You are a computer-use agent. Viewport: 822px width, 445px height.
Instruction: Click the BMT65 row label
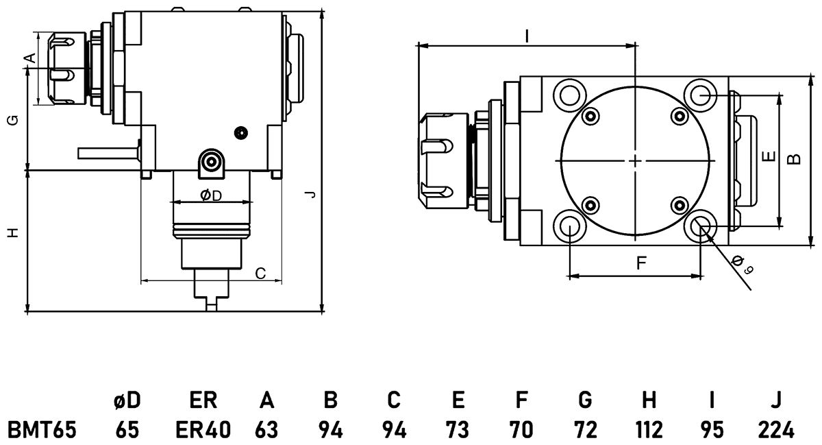(x=41, y=430)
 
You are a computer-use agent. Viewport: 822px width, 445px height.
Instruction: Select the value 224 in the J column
(x=776, y=430)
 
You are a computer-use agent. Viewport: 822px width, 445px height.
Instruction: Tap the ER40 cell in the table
(x=203, y=430)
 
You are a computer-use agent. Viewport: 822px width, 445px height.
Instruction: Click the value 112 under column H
(x=649, y=430)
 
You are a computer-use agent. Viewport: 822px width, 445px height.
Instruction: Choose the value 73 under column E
(x=458, y=430)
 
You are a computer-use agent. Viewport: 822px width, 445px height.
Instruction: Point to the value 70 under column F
(x=521, y=430)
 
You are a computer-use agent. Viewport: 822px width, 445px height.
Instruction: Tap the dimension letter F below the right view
(x=641, y=263)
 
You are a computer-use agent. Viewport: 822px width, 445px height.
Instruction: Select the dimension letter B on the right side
(x=794, y=159)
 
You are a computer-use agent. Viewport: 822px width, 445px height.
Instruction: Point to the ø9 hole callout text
(x=742, y=264)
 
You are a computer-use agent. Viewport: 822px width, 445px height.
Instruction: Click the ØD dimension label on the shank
(x=211, y=195)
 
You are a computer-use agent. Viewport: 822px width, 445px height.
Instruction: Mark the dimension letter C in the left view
(x=260, y=274)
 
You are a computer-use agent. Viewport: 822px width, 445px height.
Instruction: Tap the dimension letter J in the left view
(x=311, y=195)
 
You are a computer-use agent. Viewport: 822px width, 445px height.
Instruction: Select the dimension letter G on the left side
(x=12, y=121)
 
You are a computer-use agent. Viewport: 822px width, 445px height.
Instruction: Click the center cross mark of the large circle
(x=636, y=160)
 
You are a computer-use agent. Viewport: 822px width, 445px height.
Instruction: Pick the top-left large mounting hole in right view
(x=570, y=93)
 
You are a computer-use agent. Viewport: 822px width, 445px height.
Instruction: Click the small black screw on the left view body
(x=240, y=132)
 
